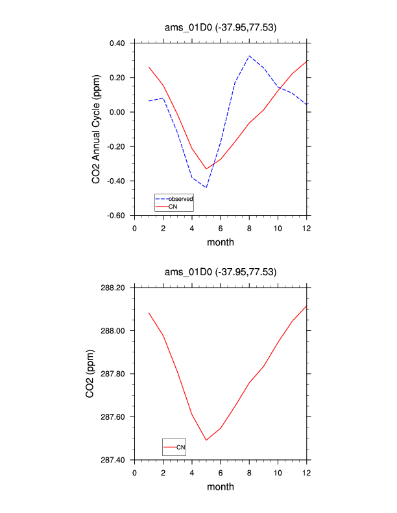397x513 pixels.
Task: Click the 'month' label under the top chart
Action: (221, 242)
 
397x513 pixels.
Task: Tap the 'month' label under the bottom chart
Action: (221, 486)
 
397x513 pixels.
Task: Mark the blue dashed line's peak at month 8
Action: (249, 56)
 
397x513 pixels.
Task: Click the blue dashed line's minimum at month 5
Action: (206, 187)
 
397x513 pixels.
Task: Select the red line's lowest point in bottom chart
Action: (206, 440)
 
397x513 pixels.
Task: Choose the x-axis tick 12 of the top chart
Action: (306, 228)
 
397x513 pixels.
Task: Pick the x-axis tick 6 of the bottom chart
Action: (221, 472)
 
